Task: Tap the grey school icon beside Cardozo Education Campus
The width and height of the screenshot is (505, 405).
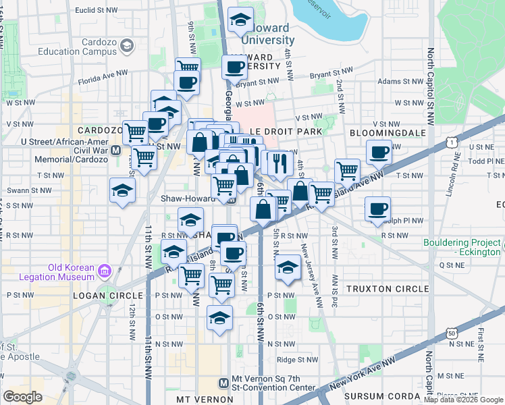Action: [x=126, y=45]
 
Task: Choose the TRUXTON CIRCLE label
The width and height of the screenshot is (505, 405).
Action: [x=387, y=288]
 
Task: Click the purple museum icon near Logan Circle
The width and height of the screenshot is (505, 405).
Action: [x=105, y=271]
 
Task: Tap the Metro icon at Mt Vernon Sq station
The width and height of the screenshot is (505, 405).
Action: [x=233, y=382]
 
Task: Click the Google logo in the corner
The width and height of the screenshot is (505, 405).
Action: [x=22, y=396]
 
